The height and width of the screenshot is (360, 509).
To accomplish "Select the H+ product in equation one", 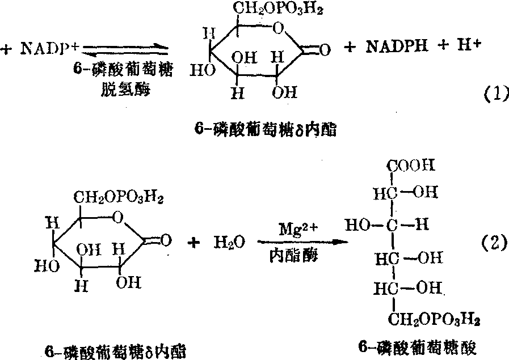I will click(x=468, y=48).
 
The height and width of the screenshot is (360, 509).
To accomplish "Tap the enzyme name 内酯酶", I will click(x=294, y=256).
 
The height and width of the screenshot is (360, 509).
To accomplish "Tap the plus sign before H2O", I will click(x=196, y=242).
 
